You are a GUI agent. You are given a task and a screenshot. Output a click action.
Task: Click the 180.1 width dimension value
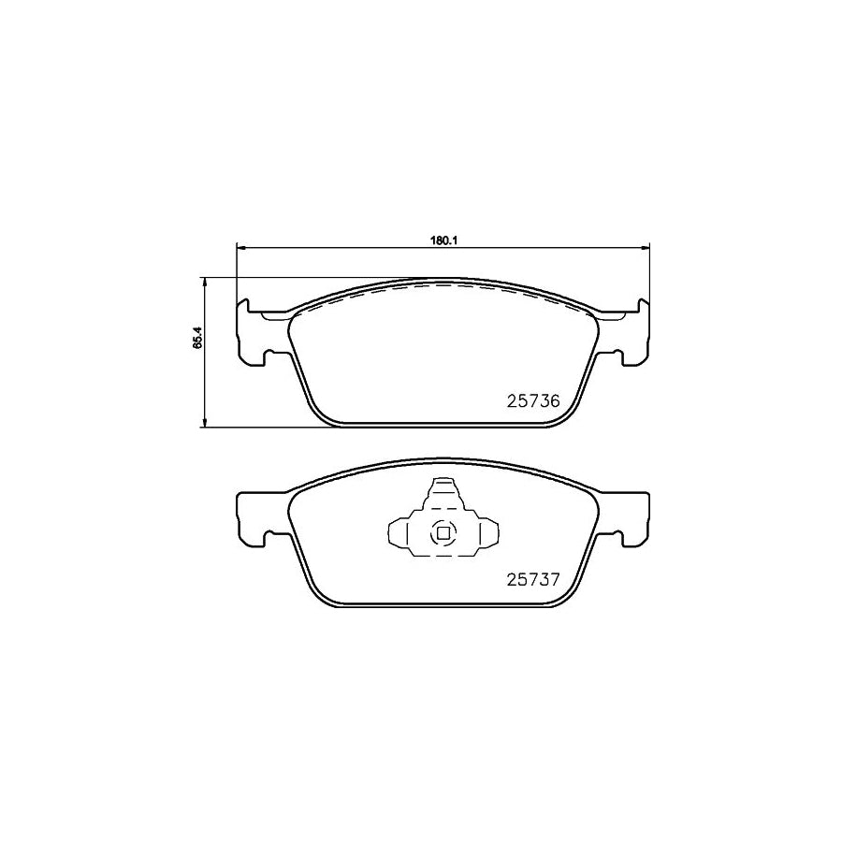[x=441, y=240]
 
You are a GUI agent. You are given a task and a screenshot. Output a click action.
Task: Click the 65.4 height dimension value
[x=196, y=337]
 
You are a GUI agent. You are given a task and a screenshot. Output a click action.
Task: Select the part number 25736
[x=532, y=400]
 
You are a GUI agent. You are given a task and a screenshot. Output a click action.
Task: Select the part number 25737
[x=532, y=578]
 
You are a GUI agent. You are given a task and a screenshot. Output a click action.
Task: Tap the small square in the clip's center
[x=442, y=534]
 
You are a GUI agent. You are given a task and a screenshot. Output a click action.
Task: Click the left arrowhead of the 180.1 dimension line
[x=240, y=248]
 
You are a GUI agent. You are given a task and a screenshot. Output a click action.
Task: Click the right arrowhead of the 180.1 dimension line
[x=645, y=248]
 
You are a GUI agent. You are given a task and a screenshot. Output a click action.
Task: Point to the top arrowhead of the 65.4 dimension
[x=204, y=281]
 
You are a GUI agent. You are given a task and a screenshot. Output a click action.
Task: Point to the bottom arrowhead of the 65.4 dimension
[x=204, y=425]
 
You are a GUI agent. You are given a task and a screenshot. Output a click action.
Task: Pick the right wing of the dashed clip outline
[x=483, y=534]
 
